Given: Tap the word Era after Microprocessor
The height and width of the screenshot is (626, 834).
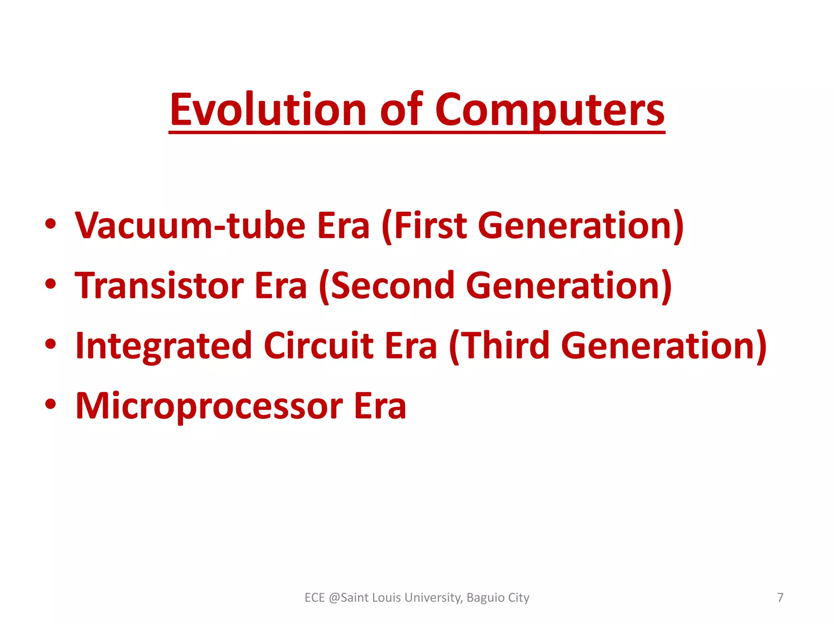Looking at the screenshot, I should (380, 406).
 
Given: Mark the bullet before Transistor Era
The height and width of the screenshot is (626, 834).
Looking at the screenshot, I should (50, 284).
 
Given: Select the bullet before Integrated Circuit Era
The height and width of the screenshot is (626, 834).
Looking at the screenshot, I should (50, 345).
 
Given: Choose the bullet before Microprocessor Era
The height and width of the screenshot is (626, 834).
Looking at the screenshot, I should (50, 405).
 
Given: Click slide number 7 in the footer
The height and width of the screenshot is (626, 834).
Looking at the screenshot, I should (780, 597).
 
